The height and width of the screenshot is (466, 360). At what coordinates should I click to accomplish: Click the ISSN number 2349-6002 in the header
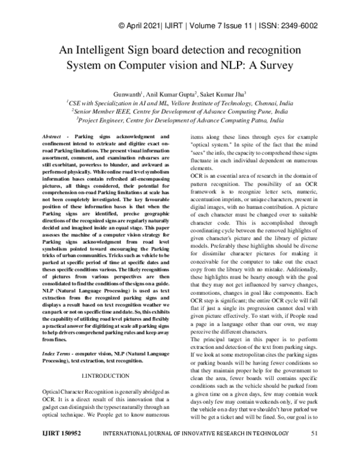[298, 26]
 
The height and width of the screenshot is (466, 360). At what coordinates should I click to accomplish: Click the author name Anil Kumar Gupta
[179, 93]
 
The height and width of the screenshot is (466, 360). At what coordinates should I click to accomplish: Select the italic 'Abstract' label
[52, 138]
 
